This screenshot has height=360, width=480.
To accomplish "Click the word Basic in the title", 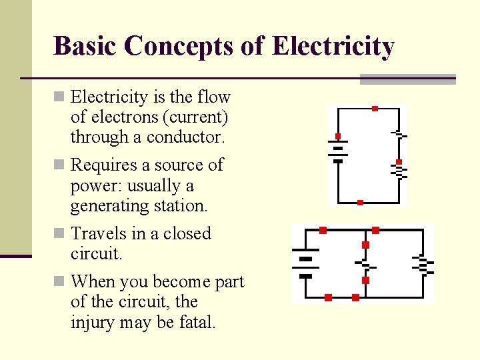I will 84,46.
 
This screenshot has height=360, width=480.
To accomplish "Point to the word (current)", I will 197,117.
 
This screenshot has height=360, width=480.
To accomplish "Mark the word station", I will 182,206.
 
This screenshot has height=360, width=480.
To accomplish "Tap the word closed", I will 187,234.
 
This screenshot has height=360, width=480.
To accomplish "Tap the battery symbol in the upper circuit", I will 337,149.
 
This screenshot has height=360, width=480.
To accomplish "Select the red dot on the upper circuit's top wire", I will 375,108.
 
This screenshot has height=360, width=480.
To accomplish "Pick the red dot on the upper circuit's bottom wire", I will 360,202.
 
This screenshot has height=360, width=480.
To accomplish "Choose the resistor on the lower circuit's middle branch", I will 365,264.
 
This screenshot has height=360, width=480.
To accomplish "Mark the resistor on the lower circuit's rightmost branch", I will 423,264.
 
